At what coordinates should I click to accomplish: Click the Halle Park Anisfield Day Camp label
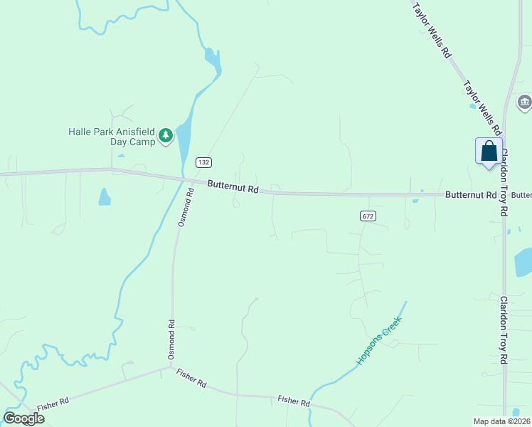111,136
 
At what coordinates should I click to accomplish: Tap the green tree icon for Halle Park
166,135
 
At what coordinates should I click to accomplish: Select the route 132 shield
204,162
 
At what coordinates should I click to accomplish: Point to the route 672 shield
367,216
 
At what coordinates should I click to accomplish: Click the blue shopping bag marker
489,152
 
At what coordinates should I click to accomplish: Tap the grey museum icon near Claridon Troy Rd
525,102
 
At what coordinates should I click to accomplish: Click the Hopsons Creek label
379,340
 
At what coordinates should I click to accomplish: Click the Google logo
24,418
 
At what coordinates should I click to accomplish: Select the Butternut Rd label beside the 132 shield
233,187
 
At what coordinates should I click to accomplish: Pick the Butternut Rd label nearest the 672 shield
470,194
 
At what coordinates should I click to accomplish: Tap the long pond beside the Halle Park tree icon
183,139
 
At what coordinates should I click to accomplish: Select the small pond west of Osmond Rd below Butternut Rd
105,196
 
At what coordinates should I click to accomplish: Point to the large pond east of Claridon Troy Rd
523,262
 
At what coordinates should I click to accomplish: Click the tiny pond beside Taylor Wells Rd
472,107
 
